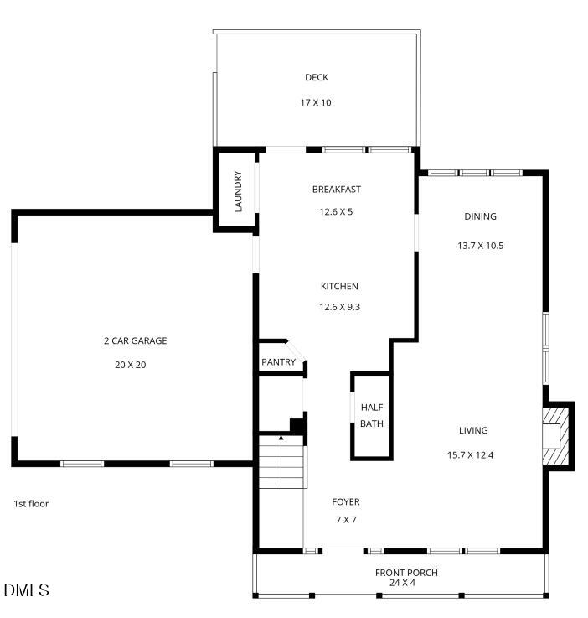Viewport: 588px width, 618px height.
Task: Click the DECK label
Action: [317, 78]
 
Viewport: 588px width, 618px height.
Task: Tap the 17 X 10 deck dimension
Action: [317, 103]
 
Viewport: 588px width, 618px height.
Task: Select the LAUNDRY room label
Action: [238, 192]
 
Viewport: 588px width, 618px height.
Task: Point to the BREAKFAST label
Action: [336, 190]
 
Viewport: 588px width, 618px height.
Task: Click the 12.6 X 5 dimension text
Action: [336, 212]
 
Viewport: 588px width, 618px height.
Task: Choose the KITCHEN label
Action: [339, 286]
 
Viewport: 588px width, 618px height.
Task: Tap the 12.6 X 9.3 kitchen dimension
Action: [339, 308]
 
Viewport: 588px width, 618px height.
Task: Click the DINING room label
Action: [480, 216]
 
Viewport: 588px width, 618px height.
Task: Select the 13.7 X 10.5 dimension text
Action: [480, 247]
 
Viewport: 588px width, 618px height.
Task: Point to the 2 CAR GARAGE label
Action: [135, 341]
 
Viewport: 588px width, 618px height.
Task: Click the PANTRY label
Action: [278, 362]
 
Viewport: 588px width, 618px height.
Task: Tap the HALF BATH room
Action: [371, 416]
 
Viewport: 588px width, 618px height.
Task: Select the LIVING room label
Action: [472, 431]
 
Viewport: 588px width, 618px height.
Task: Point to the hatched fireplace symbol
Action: [556, 434]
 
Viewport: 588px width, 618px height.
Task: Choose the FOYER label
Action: [345, 502]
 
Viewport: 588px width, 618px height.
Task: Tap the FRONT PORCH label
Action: [405, 573]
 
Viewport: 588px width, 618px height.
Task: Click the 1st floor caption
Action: [31, 504]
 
